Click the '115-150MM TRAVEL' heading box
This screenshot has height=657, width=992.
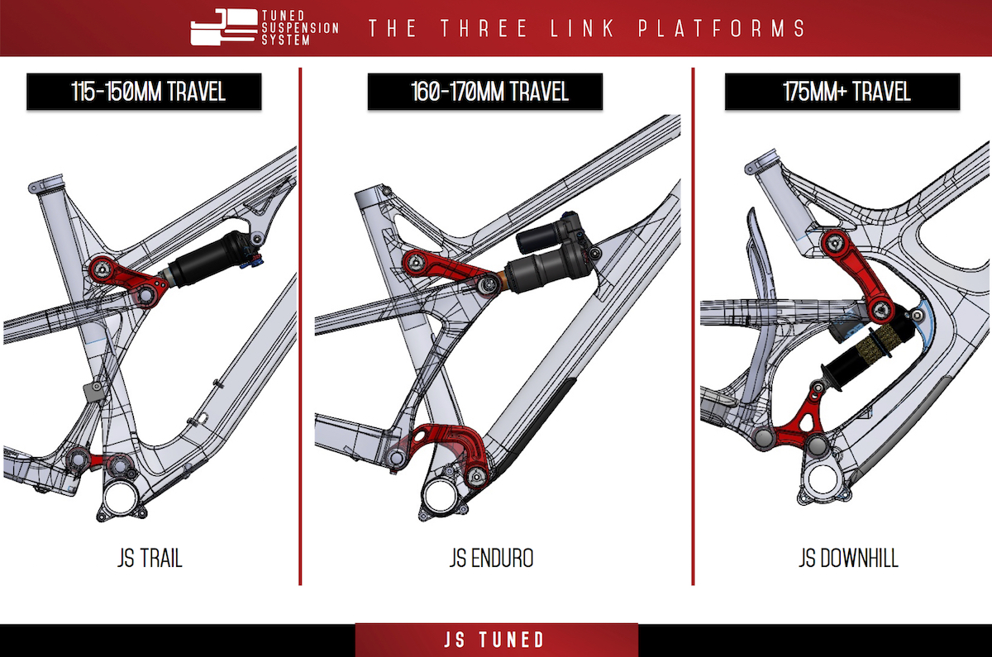[x=144, y=91]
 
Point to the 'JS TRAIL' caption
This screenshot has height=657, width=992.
[x=149, y=559]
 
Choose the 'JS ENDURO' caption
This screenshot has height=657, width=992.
[x=491, y=559]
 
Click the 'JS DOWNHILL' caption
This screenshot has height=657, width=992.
[x=848, y=559]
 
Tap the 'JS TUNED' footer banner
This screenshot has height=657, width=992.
[x=496, y=640]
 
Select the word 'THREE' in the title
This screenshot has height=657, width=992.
[x=479, y=28]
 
